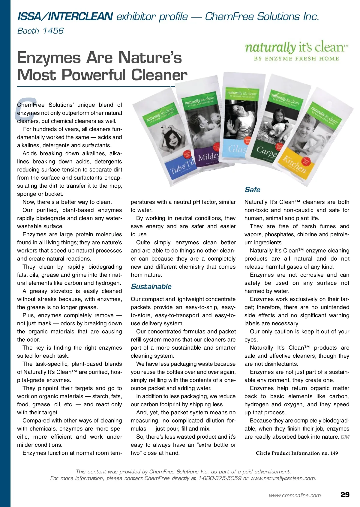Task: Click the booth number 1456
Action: (x=53, y=31)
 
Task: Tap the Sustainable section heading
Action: (x=151, y=287)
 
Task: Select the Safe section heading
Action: (x=252, y=190)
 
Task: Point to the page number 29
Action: (x=345, y=495)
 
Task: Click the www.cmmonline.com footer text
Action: (x=295, y=495)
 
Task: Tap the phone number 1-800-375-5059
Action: (x=220, y=478)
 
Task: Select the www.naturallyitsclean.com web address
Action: (x=283, y=478)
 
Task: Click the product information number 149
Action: (x=334, y=453)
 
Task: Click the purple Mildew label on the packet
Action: (x=208, y=157)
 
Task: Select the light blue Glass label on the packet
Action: (x=237, y=148)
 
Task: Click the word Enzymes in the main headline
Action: (x=49, y=58)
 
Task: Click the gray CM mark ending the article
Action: (x=345, y=437)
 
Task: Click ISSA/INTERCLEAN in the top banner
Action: (x=65, y=16)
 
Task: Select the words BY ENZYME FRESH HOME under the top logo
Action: (x=296, y=59)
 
